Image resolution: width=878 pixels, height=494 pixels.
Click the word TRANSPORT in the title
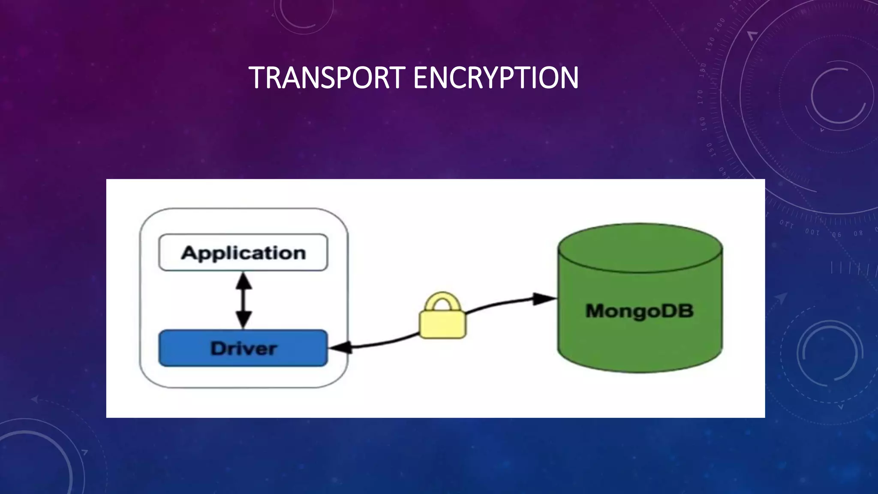pyautogui.click(x=327, y=78)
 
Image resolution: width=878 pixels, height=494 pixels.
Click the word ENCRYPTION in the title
pyautogui.click(x=496, y=78)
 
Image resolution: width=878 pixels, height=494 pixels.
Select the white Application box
pyautogui.click(x=243, y=253)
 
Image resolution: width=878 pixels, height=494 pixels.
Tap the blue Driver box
pyautogui.click(x=243, y=348)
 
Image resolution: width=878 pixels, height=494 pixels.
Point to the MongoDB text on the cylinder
pyautogui.click(x=639, y=310)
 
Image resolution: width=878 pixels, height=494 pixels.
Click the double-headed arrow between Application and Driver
pyautogui.click(x=244, y=301)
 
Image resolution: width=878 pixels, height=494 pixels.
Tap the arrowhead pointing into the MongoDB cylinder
pyautogui.click(x=544, y=299)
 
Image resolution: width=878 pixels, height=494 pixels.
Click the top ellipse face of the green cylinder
pyautogui.click(x=640, y=248)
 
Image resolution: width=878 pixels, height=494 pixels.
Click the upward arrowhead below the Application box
pyautogui.click(x=244, y=281)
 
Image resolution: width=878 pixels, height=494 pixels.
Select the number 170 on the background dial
pyautogui.click(x=701, y=97)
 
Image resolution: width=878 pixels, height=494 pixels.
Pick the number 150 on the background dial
pyautogui.click(x=710, y=150)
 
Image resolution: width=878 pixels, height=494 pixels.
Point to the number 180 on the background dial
pyautogui.click(x=703, y=70)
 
